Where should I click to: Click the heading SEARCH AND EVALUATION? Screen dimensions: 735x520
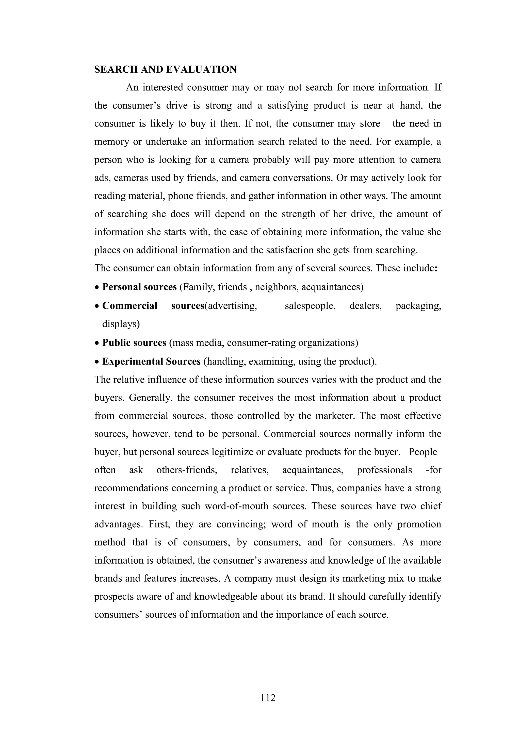tap(165, 70)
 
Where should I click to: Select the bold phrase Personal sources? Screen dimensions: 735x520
tap(139, 287)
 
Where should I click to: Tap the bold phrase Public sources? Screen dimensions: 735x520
tap(134, 343)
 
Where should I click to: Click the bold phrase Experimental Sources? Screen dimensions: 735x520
tap(151, 362)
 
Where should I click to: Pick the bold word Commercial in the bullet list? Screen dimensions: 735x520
tap(130, 306)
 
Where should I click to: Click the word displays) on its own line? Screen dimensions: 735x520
tap(121, 324)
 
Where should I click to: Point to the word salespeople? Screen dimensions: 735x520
tap(310, 306)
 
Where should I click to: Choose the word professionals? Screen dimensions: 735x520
tap(384, 470)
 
